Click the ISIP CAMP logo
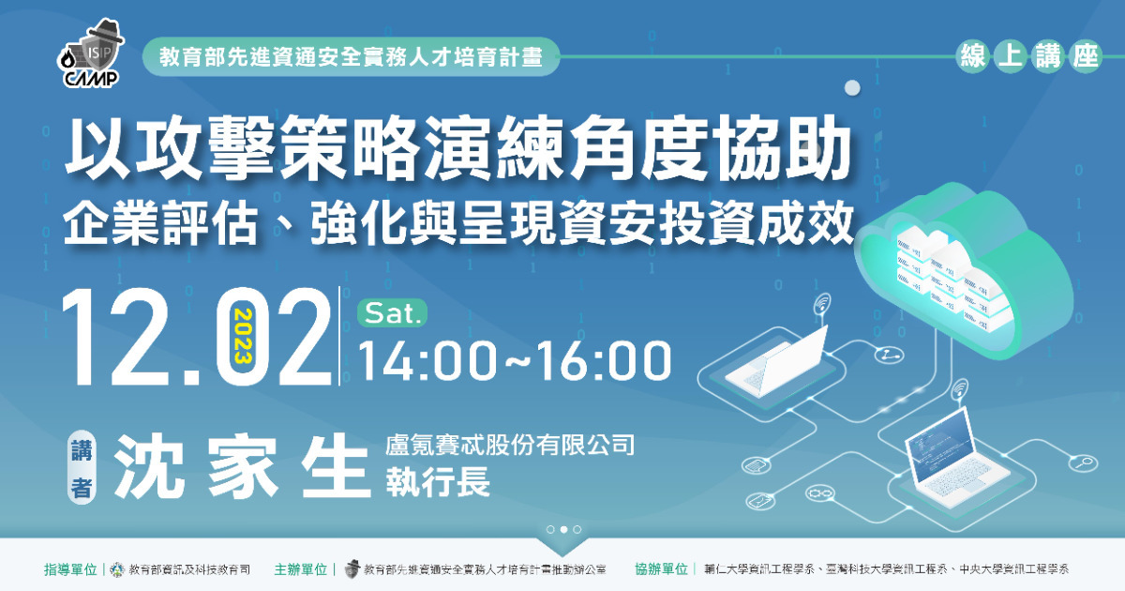tap(90, 54)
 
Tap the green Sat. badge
tap(392, 313)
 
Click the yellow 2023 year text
tap(243, 336)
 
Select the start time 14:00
tap(426, 360)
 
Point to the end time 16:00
tap(602, 360)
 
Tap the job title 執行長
tap(438, 481)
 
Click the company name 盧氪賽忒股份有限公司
tap(510, 446)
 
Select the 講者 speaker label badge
tap(82, 466)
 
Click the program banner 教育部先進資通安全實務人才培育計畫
tap(351, 56)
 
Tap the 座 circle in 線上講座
tap(1085, 56)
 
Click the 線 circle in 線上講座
tap(973, 56)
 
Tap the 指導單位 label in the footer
tap(70, 569)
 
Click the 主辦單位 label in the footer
tap(300, 569)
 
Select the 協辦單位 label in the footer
tap(661, 569)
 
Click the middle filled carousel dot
tap(563, 529)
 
